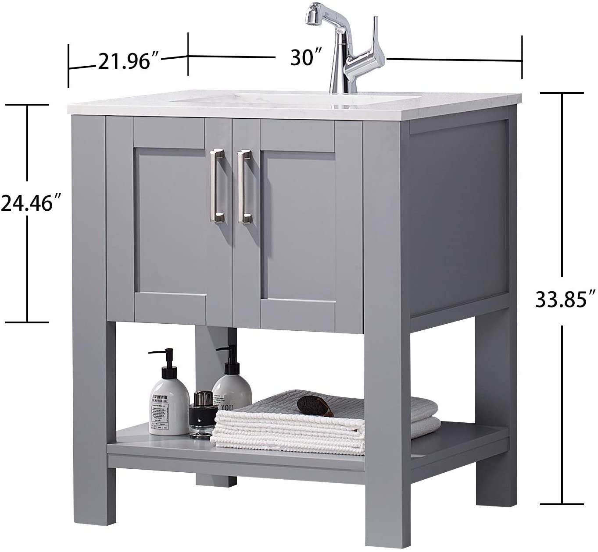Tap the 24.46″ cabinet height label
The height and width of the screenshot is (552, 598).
point(30,203)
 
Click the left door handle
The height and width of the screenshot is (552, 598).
point(217,186)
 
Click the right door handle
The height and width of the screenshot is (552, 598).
point(244,187)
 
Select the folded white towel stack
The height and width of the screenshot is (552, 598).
point(290,432)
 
